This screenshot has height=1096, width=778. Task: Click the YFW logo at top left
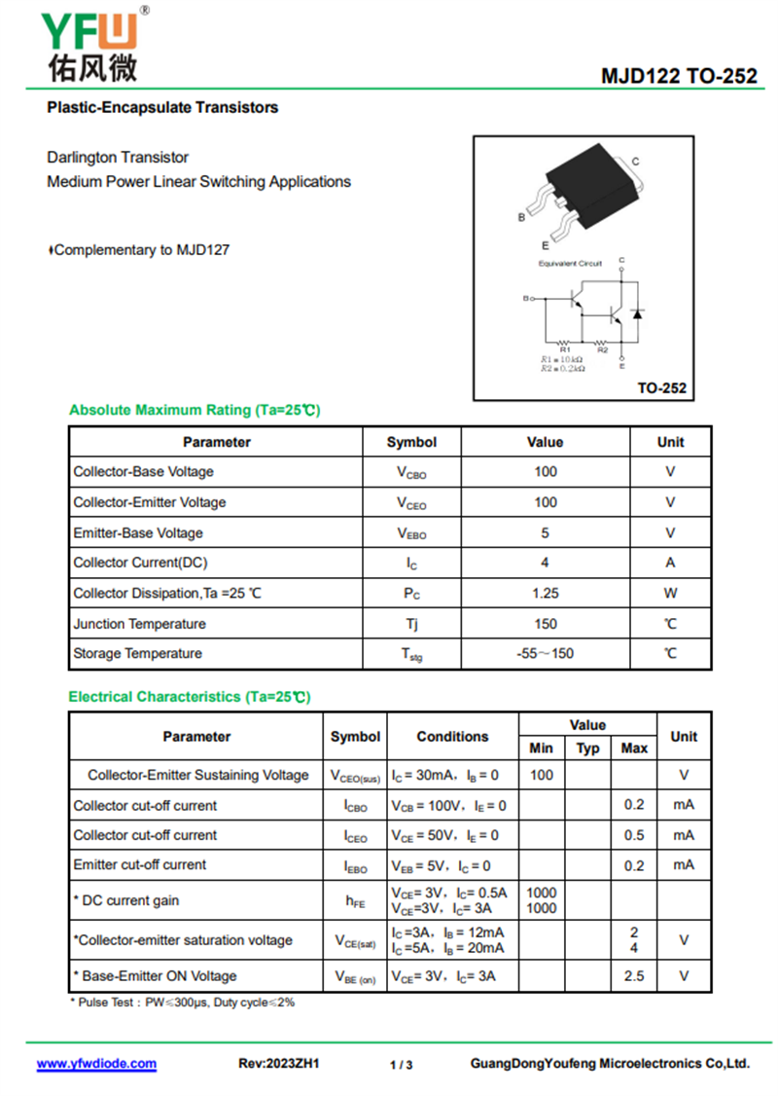click(90, 44)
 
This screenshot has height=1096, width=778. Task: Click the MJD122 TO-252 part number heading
click(678, 76)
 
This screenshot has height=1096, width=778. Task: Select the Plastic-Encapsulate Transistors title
click(162, 107)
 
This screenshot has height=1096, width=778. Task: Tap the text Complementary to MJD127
click(141, 250)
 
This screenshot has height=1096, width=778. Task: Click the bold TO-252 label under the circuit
click(661, 387)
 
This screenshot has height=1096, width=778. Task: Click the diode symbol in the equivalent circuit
click(638, 313)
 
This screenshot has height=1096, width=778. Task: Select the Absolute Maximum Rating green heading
click(194, 410)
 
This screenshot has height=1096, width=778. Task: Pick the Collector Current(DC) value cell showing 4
click(545, 563)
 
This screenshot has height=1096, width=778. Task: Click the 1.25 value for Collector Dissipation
click(545, 593)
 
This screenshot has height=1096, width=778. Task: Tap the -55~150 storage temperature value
click(545, 653)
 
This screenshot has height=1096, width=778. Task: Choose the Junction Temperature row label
click(139, 623)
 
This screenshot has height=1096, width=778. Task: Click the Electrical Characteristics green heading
click(189, 697)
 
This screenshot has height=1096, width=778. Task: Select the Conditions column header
click(452, 737)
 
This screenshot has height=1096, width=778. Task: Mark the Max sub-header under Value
click(633, 749)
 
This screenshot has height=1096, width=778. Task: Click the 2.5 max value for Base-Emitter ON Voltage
click(633, 975)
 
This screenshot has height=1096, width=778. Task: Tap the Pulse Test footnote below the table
click(182, 1002)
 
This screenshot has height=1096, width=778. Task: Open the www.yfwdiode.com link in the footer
click(96, 1064)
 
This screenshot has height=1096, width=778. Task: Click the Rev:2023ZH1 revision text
click(279, 1064)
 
